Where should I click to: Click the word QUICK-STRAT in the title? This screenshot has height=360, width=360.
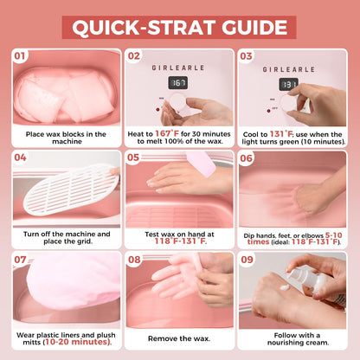[x=145, y=28]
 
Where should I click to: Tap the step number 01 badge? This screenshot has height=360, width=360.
[x=20, y=56]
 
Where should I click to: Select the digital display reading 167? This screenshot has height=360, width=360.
[x=178, y=83]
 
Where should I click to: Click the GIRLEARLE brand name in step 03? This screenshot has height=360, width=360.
[x=288, y=69]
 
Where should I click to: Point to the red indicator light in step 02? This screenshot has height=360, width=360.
[x=157, y=110]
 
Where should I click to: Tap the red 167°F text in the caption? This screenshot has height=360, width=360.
[x=167, y=133]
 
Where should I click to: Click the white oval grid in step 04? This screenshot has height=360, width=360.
[x=71, y=190]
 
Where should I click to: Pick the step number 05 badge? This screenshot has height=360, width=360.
[x=133, y=157]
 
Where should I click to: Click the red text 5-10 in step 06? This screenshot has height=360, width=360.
[x=333, y=235]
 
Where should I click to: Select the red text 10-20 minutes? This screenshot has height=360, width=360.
[x=78, y=342]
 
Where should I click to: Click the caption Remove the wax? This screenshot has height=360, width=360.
[x=179, y=338]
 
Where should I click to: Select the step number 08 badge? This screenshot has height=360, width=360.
[x=134, y=260]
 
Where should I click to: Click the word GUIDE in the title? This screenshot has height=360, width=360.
[x=254, y=28]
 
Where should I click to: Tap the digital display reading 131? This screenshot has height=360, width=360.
[x=288, y=84]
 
